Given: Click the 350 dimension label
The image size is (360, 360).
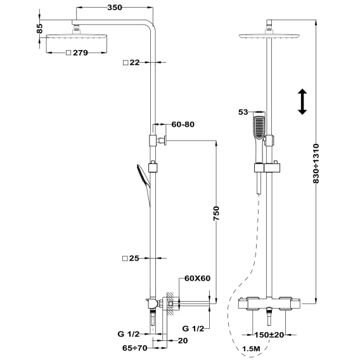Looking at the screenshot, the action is pos(115,8).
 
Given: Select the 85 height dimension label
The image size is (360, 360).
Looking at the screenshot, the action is pos(39,29).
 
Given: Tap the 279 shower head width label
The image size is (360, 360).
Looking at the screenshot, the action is pos(80,53).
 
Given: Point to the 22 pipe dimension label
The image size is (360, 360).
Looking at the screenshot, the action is pos(134,63).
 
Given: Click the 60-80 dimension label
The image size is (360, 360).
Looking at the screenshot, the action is pos(183,124).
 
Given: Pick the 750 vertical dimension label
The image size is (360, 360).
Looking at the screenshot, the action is pos(216,214).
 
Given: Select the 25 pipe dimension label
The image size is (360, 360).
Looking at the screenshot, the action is pos(134,259).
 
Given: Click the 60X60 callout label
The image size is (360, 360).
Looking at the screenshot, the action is pos(198,278).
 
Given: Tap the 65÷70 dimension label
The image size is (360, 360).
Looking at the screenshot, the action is pos(134,348).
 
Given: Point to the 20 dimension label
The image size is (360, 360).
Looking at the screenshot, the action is pos(183,341).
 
